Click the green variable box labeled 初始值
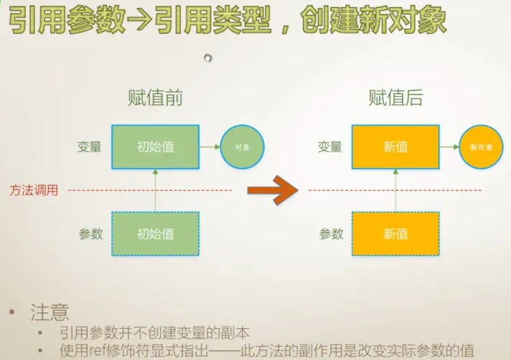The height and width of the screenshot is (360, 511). point(155,147)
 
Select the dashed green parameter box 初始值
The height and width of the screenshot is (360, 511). point(155,233)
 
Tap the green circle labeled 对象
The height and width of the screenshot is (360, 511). point(242,147)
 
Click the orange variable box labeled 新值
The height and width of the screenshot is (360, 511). point(395,147)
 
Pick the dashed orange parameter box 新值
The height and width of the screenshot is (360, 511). point(395,233)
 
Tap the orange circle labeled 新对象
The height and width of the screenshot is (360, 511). point(481,147)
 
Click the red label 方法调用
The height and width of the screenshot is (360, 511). point(33,190)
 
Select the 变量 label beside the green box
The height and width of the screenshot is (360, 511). point(90,147)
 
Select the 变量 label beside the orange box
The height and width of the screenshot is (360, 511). point(330,147)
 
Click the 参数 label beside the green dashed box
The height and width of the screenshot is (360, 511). point(90,233)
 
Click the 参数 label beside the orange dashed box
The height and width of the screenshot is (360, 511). point(331,233)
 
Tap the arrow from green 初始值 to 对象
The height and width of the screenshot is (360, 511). point(210,147)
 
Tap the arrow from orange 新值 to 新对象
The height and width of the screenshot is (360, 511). point(449,147)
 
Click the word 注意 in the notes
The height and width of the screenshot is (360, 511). point(50,312)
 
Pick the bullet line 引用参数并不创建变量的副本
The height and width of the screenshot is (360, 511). point(156,333)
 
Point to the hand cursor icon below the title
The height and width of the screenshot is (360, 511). point(208,58)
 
